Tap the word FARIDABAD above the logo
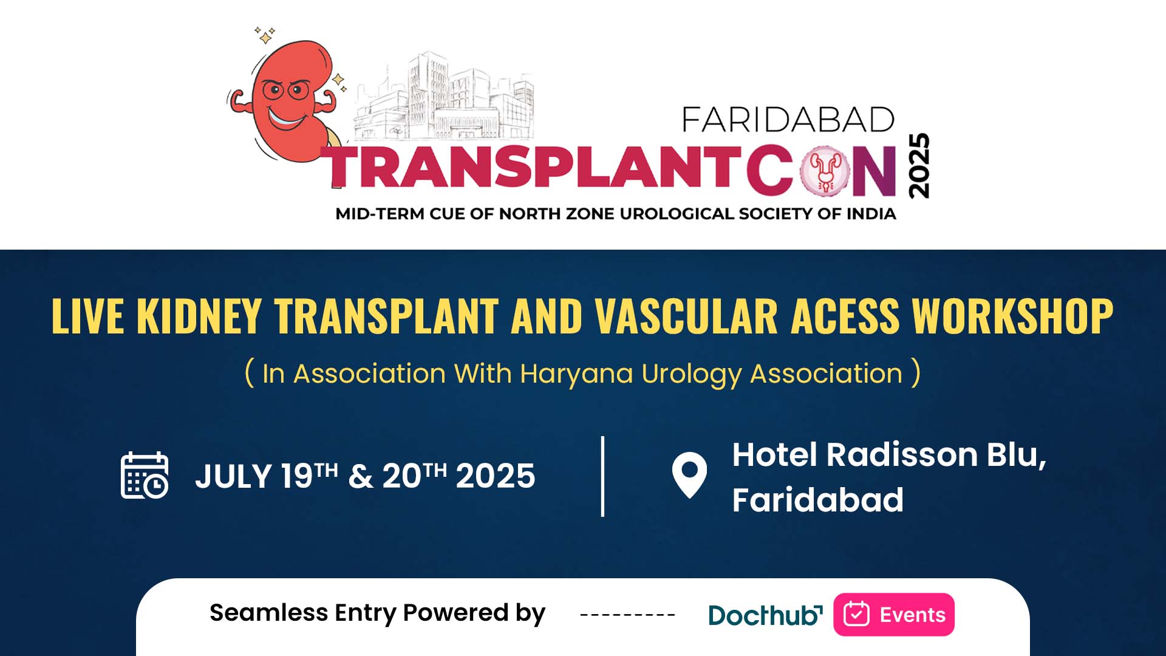788,120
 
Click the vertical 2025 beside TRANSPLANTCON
919,165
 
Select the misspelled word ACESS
845,316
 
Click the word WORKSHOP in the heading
1013,316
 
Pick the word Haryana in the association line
576,374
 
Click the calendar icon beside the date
145,476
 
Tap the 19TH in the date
309,475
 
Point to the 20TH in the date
414,475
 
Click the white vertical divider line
602,476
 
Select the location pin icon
689,476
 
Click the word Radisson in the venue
902,455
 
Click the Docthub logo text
765,615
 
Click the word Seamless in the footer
268,613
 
